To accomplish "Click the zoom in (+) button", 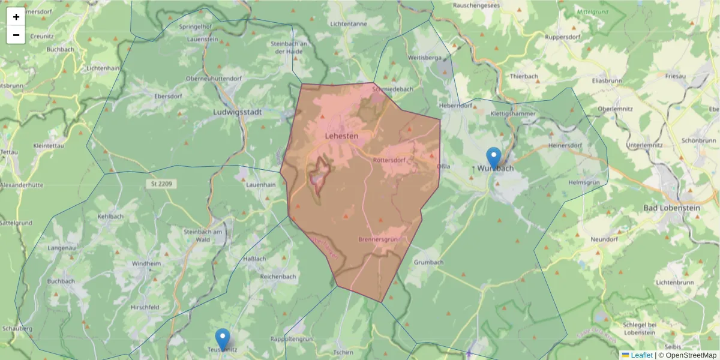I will tap(16, 17).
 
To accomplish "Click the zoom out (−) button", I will tap(16, 35).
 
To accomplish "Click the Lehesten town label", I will tap(341, 136).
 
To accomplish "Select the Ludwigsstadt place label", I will tap(239, 112).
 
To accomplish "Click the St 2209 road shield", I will tap(161, 184).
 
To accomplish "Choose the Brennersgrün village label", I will tap(379, 239).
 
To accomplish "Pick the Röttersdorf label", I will tap(389, 160).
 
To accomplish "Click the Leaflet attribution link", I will tap(641, 355).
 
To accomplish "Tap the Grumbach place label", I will tap(428, 262).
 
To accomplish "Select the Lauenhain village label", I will tap(261, 185).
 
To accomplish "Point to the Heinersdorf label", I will tap(565, 145).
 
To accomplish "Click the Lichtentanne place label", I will tap(349, 23).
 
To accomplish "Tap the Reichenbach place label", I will tap(278, 277).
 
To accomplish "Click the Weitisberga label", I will tap(424, 58).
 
